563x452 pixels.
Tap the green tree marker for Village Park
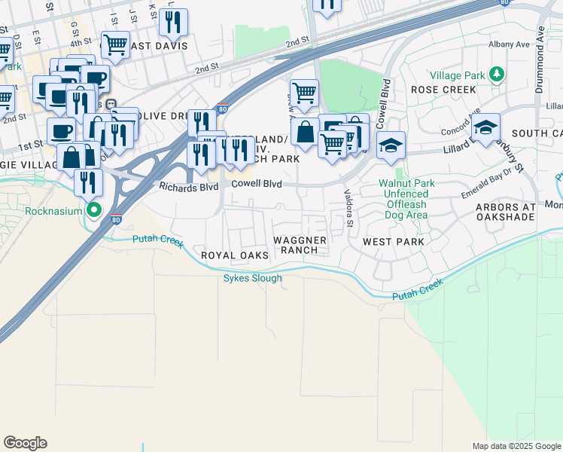point(496,75)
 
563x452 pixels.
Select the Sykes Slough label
point(253,278)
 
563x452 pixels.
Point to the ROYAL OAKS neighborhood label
point(235,256)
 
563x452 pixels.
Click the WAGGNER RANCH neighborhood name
point(300,245)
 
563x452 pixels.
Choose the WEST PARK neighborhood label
point(393,242)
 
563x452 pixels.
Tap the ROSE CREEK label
point(443,90)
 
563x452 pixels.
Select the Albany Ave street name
point(529,44)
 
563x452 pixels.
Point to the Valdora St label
point(348,208)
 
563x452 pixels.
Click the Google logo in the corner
point(25,443)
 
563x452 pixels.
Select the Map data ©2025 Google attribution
point(516,446)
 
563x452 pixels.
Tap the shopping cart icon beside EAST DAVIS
point(115,45)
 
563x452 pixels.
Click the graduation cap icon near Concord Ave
point(486,127)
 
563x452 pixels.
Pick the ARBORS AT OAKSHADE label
point(505,212)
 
